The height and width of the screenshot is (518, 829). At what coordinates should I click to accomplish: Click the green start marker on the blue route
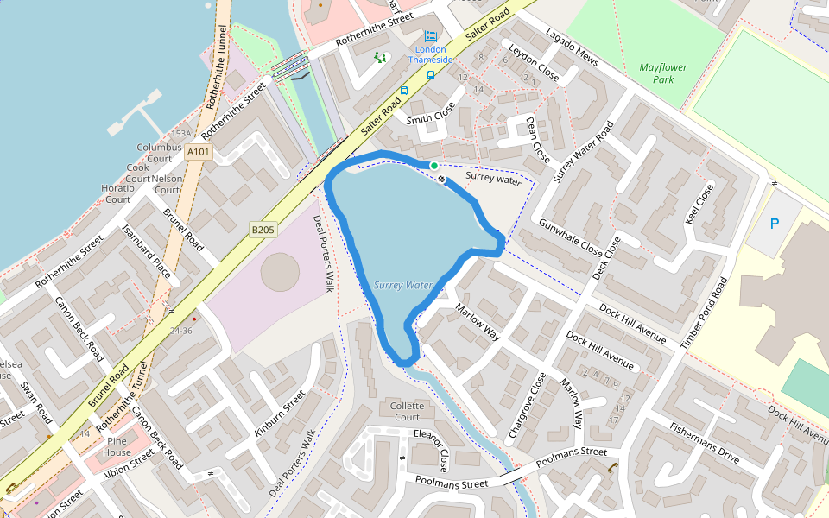(x=433, y=165)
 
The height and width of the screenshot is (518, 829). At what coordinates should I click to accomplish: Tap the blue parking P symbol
(x=775, y=224)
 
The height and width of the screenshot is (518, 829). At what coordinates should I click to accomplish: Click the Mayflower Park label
(x=663, y=73)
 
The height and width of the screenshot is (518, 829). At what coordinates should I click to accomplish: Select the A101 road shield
(x=198, y=152)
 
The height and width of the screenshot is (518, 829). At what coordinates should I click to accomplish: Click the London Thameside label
(x=430, y=54)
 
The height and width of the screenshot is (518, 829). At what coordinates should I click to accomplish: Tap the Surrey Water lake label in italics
(x=403, y=285)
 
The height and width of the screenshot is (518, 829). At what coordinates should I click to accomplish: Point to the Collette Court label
(x=408, y=411)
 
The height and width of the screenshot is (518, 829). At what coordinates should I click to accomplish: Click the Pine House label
(x=117, y=447)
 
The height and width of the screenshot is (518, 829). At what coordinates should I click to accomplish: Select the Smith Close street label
(x=430, y=118)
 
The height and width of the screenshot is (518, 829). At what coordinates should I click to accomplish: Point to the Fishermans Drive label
(x=705, y=443)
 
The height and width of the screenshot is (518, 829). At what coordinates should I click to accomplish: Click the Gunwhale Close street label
(x=570, y=238)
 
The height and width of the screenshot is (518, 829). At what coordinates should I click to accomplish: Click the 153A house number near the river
(x=181, y=134)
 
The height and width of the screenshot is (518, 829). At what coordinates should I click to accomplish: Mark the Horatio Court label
(x=117, y=193)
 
